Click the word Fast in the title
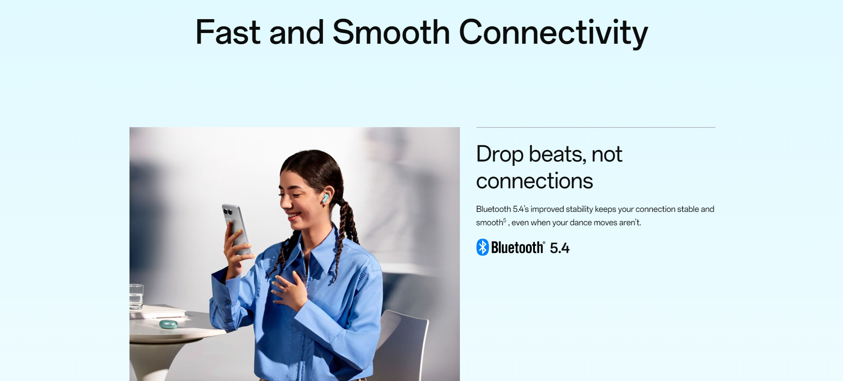[x=228, y=32]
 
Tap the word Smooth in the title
[x=391, y=32]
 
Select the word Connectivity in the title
[x=554, y=33]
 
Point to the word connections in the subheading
[x=534, y=181]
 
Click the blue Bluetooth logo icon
[x=483, y=247]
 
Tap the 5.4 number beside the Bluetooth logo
[x=559, y=248]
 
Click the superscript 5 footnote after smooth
[x=505, y=220]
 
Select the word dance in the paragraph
[x=580, y=222]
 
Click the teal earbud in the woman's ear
[x=326, y=198]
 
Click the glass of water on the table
[x=136, y=297]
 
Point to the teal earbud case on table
[x=169, y=324]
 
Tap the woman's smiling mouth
[x=294, y=216]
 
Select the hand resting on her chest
[x=289, y=290]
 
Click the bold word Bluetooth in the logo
[x=517, y=248]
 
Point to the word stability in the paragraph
[x=579, y=209]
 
